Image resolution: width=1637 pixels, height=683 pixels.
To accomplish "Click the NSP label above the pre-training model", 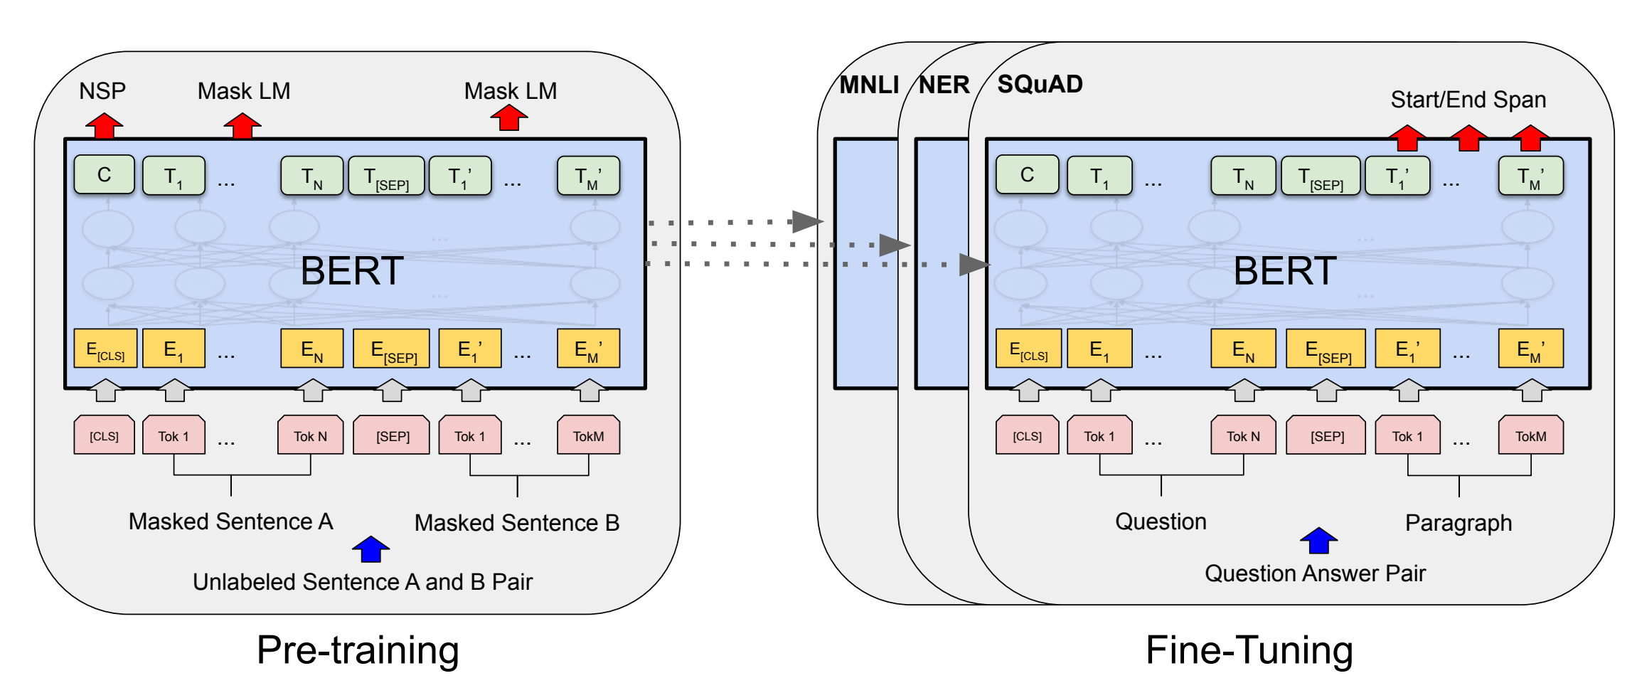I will pos(102,91).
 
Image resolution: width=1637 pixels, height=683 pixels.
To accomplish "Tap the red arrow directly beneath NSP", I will pos(104,126).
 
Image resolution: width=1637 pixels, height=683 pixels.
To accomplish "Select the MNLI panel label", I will pos(868,85).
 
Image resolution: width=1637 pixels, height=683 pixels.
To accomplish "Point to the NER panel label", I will pos(944,85).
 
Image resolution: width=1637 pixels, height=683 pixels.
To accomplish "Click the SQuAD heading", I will pos(1040,84).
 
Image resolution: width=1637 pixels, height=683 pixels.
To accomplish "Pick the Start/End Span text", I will pos(1468,100).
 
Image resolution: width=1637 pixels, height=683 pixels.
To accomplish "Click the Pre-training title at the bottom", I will pos(358,650).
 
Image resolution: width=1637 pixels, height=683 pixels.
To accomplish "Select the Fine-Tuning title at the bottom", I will pos(1249,650).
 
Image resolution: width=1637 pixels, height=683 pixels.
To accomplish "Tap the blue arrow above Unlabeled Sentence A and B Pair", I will pos(370,549).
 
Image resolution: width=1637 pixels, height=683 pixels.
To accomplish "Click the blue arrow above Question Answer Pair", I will pos(1318,541).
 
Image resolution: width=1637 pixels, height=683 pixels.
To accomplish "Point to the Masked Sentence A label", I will pos(230,521).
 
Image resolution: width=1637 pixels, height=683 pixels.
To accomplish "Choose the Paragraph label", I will pos(1458,523).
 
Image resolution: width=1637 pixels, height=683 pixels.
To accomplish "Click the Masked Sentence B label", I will pos(517,523).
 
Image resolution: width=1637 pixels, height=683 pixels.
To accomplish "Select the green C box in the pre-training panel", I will pos(104,175).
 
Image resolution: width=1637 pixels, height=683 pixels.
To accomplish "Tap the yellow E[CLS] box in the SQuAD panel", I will pos(1028,349).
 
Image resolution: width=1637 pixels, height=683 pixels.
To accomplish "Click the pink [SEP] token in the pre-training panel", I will pos(393,435).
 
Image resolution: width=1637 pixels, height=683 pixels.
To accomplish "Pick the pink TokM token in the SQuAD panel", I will pos(1530,435).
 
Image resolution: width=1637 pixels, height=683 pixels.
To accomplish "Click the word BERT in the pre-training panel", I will pos(352,271).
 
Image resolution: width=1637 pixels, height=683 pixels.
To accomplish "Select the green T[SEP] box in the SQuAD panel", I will pos(1321,176).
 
